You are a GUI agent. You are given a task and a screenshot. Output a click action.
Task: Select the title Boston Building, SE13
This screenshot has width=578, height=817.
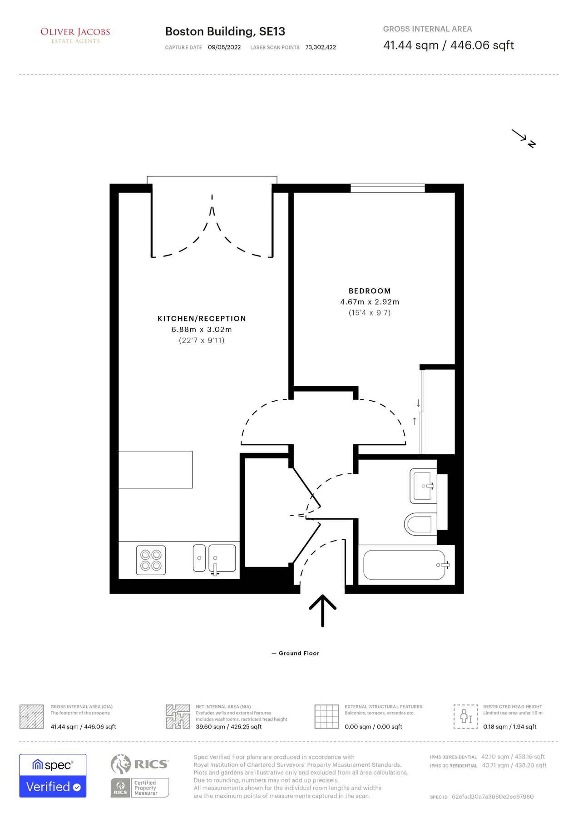tap(225, 31)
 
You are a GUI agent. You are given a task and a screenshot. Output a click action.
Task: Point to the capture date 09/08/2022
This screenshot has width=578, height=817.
tap(224, 47)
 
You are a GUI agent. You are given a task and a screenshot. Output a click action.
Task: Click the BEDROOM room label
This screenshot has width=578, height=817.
tap(370, 291)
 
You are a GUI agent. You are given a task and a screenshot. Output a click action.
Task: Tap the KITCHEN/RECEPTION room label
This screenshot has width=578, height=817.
tap(202, 319)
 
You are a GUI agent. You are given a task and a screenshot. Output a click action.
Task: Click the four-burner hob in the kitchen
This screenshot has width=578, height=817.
tap(151, 560)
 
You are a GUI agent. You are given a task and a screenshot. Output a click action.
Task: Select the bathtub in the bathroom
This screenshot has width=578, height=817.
tap(405, 565)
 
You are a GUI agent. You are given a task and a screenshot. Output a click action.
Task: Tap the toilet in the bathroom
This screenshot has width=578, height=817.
tap(418, 524)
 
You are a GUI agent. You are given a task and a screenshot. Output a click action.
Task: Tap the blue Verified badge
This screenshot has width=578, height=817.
tap(53, 787)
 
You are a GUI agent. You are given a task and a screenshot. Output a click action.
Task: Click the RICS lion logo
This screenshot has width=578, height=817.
tap(120, 764)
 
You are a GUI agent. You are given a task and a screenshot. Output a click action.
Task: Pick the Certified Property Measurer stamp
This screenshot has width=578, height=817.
tap(140, 788)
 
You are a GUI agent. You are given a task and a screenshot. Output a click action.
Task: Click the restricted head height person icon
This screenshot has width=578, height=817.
tap(466, 717)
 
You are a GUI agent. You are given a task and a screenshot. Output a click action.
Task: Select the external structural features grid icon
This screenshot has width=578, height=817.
tap(326, 717)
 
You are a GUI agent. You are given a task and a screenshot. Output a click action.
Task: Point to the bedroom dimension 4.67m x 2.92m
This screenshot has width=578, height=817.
tap(370, 302)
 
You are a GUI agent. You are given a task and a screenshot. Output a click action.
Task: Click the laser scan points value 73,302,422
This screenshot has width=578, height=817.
tap(321, 47)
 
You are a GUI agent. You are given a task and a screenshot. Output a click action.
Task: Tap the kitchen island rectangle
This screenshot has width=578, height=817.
tap(155, 469)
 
